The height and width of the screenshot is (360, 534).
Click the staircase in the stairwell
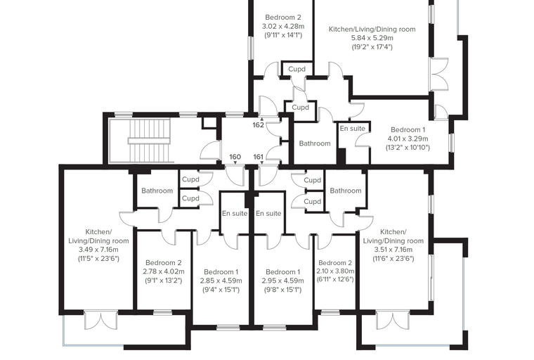(149, 141)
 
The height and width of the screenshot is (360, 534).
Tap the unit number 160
(235, 157)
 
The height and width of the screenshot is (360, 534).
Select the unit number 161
(259, 157)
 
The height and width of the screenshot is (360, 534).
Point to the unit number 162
(258, 124)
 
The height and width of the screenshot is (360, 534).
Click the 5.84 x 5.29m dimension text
(372, 38)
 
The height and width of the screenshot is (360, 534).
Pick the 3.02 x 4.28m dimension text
(283, 26)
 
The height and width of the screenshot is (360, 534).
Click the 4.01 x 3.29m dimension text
(408, 139)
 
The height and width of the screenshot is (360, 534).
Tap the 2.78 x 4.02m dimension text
(164, 271)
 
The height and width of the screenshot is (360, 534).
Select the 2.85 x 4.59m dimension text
(221, 281)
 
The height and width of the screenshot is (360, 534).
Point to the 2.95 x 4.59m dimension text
(282, 281)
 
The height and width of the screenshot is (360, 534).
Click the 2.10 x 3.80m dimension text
(335, 271)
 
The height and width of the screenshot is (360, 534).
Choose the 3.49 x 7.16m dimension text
(98, 250)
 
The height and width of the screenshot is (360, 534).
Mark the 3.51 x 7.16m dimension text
(393, 250)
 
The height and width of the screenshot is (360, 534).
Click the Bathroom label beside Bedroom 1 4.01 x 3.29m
(315, 143)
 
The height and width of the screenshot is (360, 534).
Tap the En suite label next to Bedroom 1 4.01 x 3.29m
(353, 129)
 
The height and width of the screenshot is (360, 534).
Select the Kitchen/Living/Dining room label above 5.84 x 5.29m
(372, 30)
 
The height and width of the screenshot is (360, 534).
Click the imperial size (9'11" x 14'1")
(283, 34)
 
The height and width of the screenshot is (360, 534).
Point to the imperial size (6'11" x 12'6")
(335, 280)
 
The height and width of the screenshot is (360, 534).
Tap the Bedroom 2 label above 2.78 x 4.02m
(164, 263)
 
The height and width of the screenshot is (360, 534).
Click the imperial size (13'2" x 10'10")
(408, 148)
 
